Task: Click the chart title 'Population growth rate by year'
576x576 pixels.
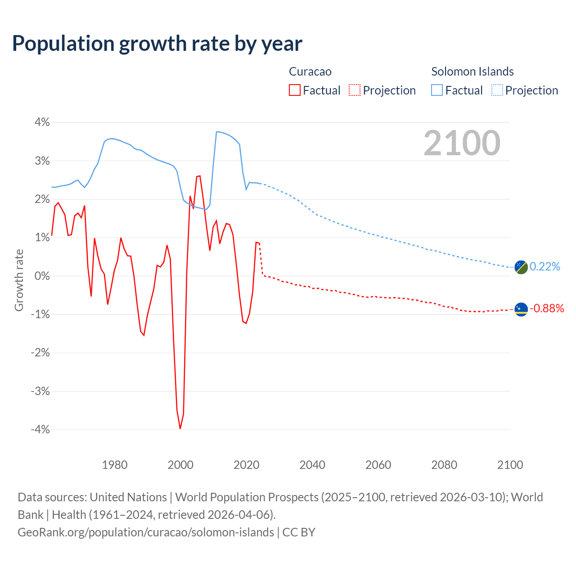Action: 157,44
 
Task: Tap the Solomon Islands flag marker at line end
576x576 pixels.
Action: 521,267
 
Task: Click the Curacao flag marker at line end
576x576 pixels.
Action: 521,309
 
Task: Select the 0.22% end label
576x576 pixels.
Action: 545,267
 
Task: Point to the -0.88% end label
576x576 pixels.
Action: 547,309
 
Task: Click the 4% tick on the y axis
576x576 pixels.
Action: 40,122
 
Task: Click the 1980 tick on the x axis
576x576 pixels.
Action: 115,465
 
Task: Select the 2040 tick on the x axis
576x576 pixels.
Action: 312,465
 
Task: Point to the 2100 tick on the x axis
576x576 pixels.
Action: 510,465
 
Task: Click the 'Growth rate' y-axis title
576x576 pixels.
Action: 19,280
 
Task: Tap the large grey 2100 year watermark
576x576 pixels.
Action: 462,143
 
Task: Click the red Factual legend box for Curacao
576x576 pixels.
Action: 295,90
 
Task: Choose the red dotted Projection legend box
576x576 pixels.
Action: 355,90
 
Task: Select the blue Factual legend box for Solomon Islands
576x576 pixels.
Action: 437,90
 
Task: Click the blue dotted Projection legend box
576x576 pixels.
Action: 497,90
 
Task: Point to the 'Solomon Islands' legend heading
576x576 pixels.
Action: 472,72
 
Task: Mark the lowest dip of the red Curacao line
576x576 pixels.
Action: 180,428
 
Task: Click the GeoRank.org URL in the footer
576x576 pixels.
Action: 146,532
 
